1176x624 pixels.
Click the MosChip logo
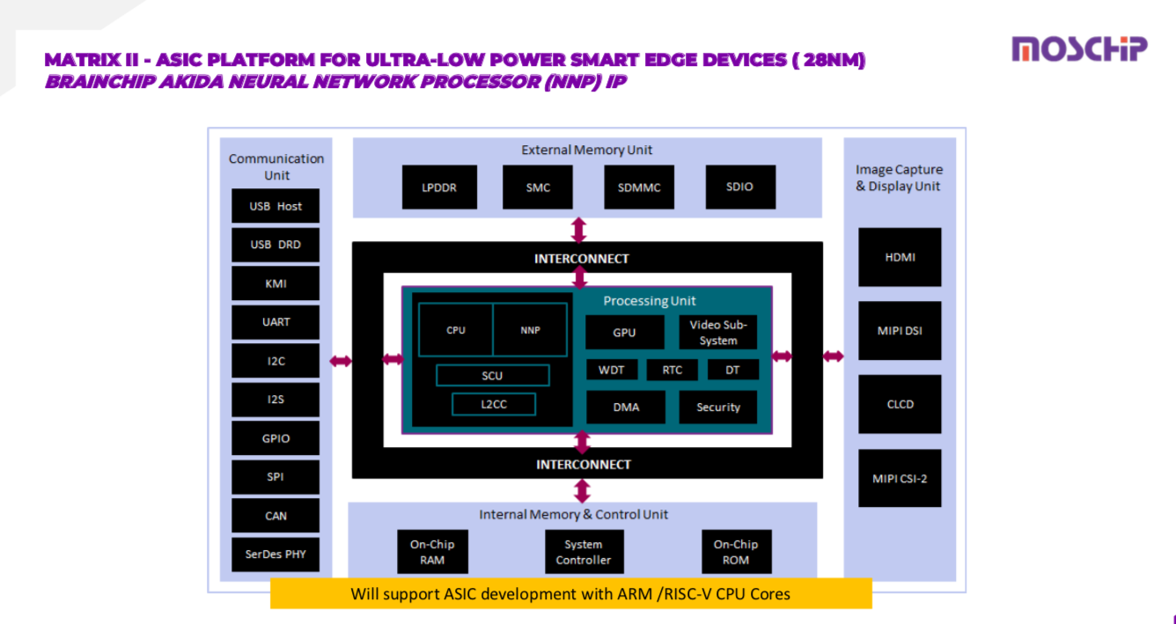click(x=1079, y=49)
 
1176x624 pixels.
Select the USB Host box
click(x=276, y=206)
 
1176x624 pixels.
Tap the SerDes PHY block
click(x=276, y=554)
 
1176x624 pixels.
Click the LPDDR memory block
click(x=439, y=187)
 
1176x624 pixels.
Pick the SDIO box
click(x=740, y=187)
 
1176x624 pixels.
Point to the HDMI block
click(x=900, y=257)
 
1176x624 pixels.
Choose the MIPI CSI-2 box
click(x=900, y=478)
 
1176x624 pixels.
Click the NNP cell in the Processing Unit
click(x=530, y=330)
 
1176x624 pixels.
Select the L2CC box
click(x=494, y=404)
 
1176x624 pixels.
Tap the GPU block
click(x=624, y=333)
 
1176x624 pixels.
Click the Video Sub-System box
click(x=718, y=333)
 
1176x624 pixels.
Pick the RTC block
click(x=672, y=370)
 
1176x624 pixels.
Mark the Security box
click(x=718, y=407)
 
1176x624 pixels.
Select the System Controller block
click(x=584, y=552)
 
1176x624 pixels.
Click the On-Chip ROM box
click(x=736, y=552)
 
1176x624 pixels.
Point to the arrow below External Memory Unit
click(x=578, y=230)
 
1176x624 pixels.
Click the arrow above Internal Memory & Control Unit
click(x=581, y=490)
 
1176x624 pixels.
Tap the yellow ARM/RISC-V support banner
click(x=570, y=593)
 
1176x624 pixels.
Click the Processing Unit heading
click(x=650, y=301)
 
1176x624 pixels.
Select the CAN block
click(x=276, y=516)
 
